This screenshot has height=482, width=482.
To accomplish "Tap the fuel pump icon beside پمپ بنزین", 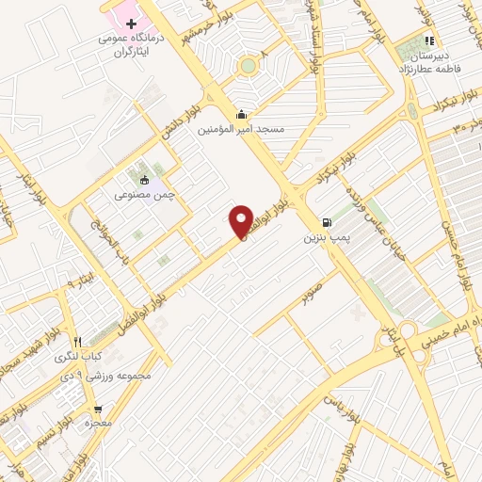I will tap(326, 223).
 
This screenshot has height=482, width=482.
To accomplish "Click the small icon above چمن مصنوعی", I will tap(144, 178).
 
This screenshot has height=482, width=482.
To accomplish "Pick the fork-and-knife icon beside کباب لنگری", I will tap(78, 342).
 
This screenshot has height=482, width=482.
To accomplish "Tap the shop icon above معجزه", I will tap(98, 409).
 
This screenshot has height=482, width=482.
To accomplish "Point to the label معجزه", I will tap(99, 424).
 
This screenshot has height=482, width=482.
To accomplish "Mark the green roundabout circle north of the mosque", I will tap(248, 66).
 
